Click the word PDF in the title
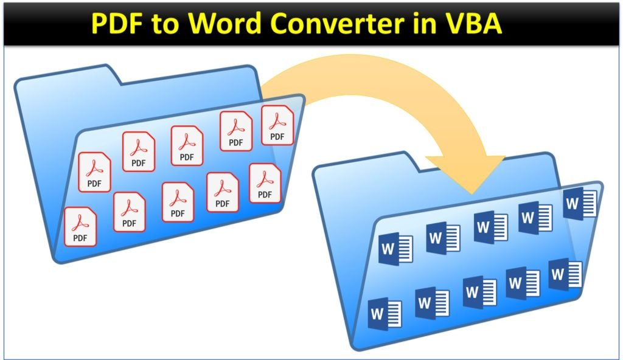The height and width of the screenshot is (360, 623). [x=117, y=23]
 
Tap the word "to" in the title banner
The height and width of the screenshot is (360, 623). [x=165, y=24]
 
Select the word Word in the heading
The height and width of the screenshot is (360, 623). [x=224, y=23]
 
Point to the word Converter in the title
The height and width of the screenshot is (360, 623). [x=337, y=24]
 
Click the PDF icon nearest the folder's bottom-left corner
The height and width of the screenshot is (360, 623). [x=80, y=226]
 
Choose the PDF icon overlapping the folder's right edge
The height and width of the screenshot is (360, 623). [x=277, y=125]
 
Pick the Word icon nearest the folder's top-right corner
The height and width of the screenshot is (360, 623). [x=580, y=204]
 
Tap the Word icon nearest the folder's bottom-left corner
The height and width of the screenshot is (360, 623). [x=385, y=314]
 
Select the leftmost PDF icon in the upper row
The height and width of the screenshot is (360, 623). [x=94, y=172]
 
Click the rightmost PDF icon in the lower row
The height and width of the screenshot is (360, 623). [x=265, y=183]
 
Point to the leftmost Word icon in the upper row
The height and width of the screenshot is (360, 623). [x=395, y=249]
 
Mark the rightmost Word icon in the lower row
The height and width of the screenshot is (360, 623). [x=565, y=274]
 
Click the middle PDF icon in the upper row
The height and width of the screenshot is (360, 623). [x=187, y=146]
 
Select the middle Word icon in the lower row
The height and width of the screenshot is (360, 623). [x=480, y=292]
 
